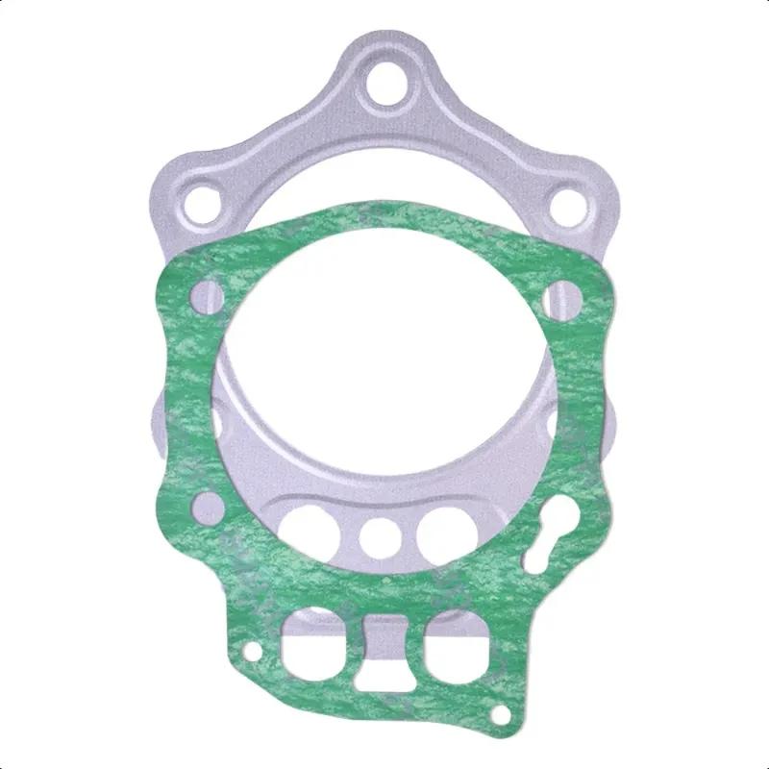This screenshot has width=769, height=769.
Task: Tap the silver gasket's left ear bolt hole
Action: coord(204,203)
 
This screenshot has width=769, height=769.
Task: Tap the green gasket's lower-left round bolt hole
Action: coord(206,505)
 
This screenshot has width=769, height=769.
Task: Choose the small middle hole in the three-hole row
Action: coord(380,533)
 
